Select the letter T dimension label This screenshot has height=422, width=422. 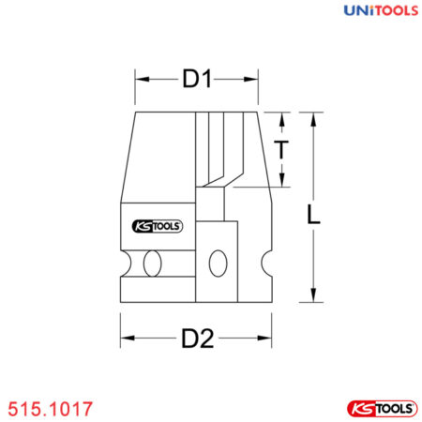pyautogui.click(x=280, y=149)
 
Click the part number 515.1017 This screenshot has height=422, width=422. pyautogui.click(x=49, y=410)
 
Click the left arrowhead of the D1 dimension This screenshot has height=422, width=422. pyautogui.click(x=141, y=81)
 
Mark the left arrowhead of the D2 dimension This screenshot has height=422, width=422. pyautogui.click(x=125, y=339)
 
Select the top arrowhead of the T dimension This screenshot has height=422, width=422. pyautogui.click(x=280, y=117)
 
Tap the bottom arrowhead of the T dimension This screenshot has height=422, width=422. pyautogui.click(x=280, y=182)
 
